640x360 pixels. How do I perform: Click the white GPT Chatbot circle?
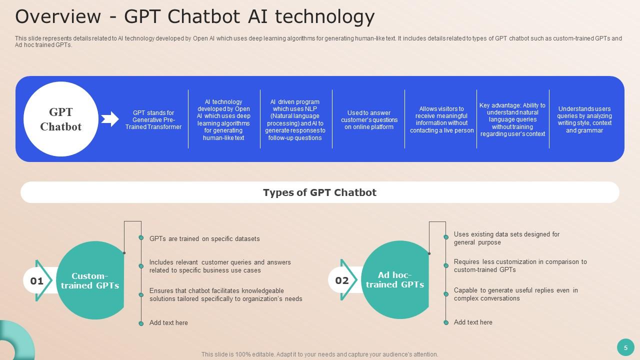(x=60, y=119)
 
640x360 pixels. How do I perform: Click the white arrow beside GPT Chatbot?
(x=110, y=119)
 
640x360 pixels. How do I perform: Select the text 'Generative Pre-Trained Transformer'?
(x=153, y=120)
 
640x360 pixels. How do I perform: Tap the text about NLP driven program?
(x=295, y=119)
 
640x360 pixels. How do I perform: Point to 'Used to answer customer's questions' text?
(x=369, y=120)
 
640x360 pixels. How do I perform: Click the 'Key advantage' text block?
(x=512, y=119)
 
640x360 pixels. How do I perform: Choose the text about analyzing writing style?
(x=584, y=119)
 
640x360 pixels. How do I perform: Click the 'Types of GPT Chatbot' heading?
(x=319, y=192)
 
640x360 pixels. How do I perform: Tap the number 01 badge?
(x=37, y=281)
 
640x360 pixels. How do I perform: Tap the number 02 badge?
(x=342, y=280)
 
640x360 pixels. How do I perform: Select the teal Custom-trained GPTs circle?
(x=90, y=280)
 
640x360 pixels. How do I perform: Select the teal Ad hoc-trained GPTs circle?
(x=395, y=280)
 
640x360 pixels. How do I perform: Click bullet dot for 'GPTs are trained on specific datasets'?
(x=141, y=238)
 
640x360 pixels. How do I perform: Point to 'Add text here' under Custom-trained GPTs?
(x=168, y=323)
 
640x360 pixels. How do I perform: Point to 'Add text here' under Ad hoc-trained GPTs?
(x=473, y=322)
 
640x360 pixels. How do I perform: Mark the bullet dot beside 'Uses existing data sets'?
(x=446, y=237)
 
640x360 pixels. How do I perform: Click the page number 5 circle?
(x=625, y=347)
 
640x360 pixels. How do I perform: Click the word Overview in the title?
(x=58, y=16)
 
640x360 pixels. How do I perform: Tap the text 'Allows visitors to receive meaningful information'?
(x=441, y=119)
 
